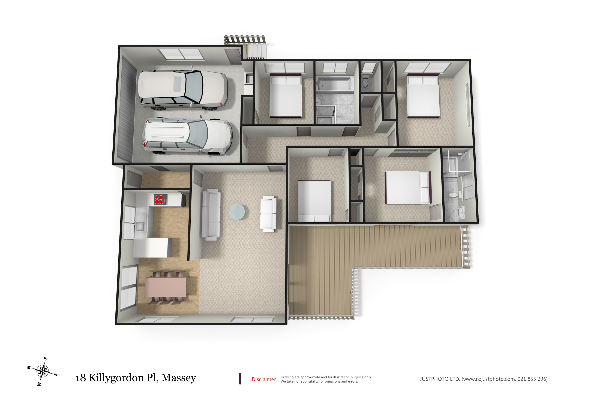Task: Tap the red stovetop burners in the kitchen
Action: point(159,200)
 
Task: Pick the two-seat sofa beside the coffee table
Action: point(268,214)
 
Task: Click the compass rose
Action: point(42,371)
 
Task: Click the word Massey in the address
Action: point(179,378)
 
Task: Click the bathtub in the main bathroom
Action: point(335,84)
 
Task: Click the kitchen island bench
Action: point(152,247)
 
